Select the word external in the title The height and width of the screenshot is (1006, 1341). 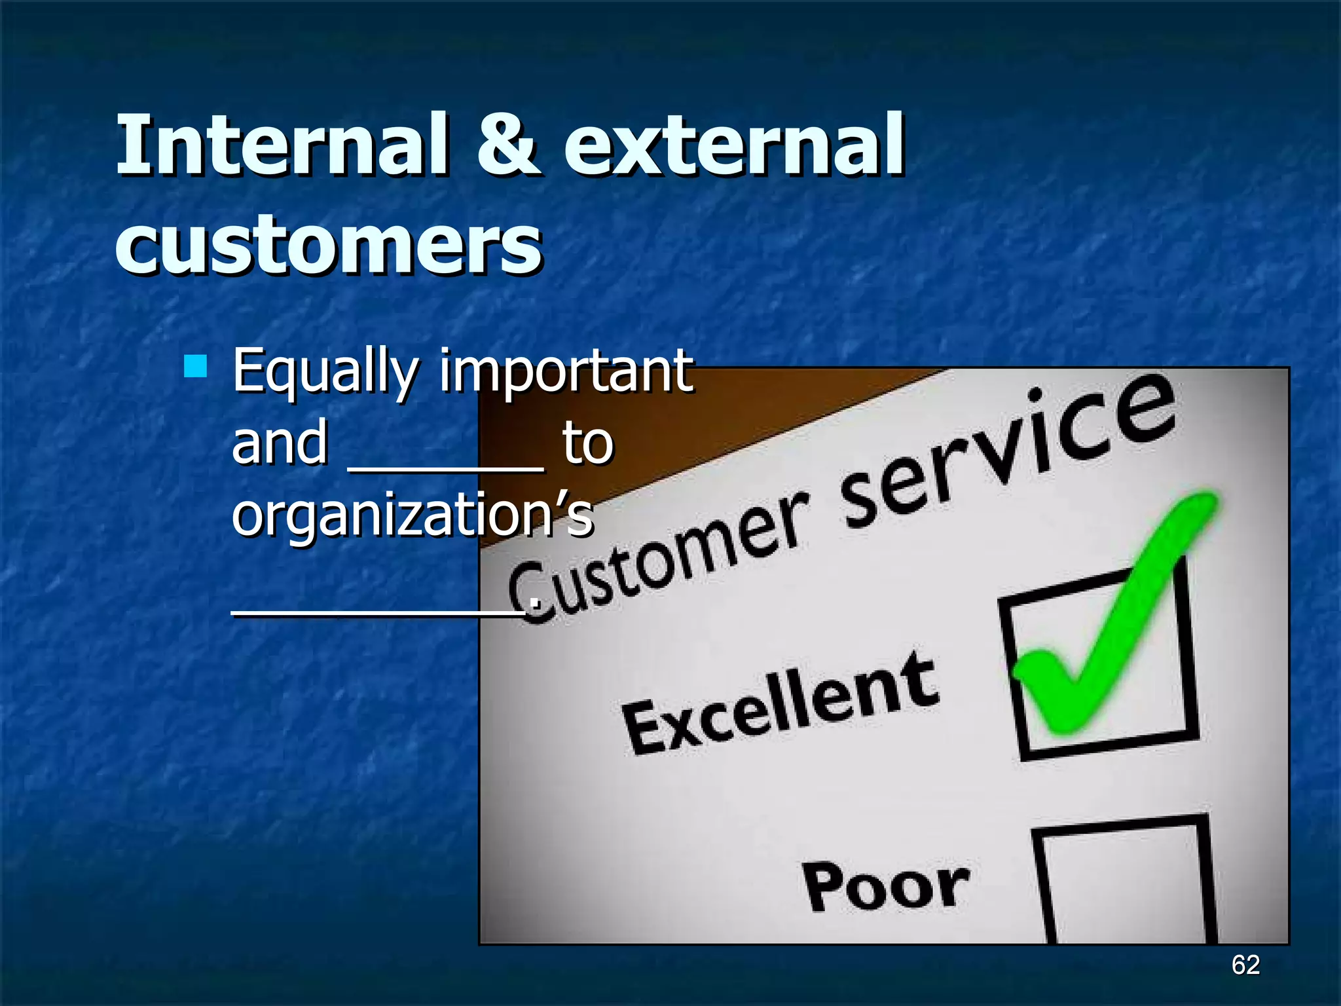point(733,145)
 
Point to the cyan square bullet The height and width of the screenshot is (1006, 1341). point(195,366)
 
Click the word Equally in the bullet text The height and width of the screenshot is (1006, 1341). point(325,373)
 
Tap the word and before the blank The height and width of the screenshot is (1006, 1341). point(280,443)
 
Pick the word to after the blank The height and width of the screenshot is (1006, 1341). point(587,443)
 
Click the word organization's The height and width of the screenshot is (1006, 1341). point(413,515)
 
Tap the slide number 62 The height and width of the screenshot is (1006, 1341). point(1245,965)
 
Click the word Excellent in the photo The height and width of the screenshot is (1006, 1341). point(779,704)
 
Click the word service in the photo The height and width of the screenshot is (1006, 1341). point(1008,452)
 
